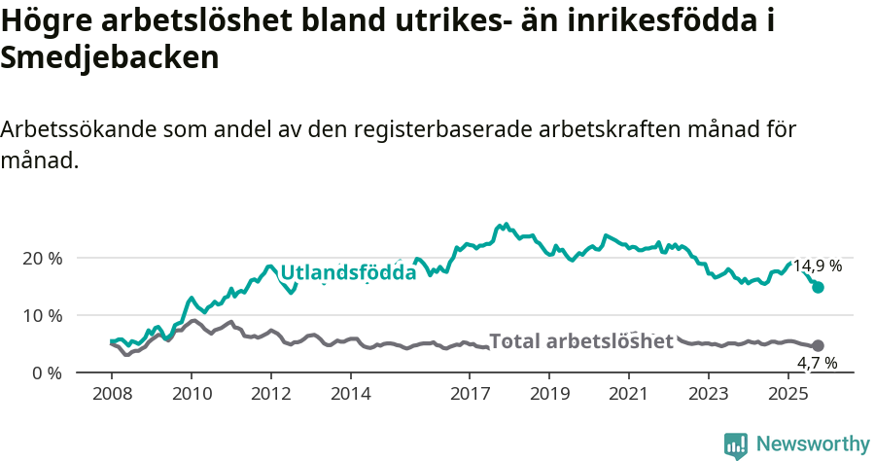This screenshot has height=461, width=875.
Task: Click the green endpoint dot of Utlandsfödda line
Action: [x=819, y=287]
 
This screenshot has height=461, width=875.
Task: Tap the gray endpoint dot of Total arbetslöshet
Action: [x=819, y=345]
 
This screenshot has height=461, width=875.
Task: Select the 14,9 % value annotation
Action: [x=817, y=266]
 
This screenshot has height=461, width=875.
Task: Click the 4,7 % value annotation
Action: [x=817, y=363]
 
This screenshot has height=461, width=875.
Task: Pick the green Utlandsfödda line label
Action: [x=348, y=273]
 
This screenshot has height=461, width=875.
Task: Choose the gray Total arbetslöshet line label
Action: [x=580, y=341]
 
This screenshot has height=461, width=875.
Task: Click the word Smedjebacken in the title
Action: [x=110, y=58]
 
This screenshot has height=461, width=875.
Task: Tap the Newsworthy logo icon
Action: [x=736, y=444]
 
